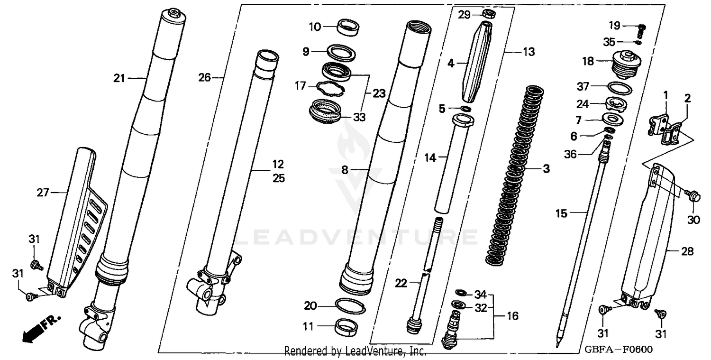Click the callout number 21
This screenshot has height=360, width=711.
[x=119, y=78]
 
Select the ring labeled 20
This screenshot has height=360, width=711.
[x=350, y=306]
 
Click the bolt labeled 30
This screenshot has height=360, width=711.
[x=693, y=194]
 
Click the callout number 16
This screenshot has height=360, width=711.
[x=512, y=316]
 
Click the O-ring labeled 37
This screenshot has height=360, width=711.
[x=619, y=88]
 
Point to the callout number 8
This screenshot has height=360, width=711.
[x=345, y=169]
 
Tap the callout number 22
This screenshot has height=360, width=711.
[x=401, y=284]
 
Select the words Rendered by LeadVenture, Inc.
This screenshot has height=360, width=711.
[x=355, y=351]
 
